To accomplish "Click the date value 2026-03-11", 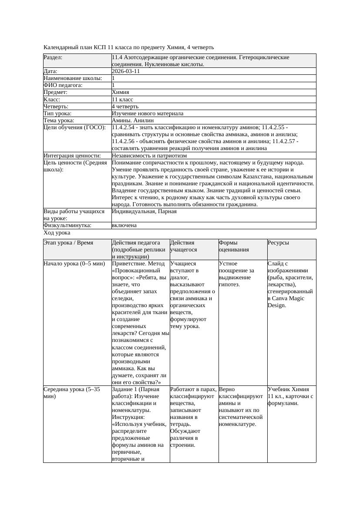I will [126, 71].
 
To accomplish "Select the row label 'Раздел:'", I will [53, 57].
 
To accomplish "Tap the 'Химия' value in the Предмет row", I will [120, 92].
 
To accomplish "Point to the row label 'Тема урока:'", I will [59, 120].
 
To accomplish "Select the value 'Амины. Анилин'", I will [133, 120].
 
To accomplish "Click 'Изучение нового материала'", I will [148, 113].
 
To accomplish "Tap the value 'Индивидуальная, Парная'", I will [144, 211].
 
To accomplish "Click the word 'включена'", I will [124, 225].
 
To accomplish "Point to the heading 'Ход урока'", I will [57, 233].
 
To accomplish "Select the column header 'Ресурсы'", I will [278, 243].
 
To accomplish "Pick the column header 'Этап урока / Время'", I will [68, 243].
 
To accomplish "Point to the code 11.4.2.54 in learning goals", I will [125, 127].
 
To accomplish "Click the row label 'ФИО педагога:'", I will [63, 85].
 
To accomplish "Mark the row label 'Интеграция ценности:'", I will [72, 155].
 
